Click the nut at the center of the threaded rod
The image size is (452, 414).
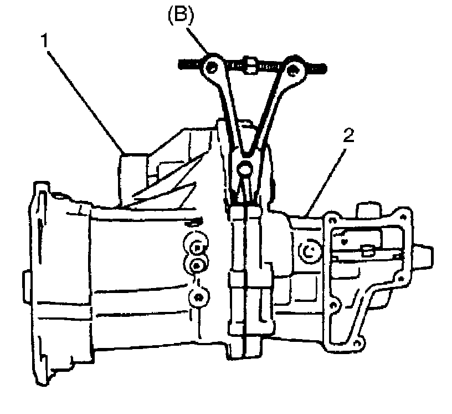pos(250,66)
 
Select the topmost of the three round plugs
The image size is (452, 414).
pos(197,244)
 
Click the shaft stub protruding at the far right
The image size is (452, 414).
pos(426,256)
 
